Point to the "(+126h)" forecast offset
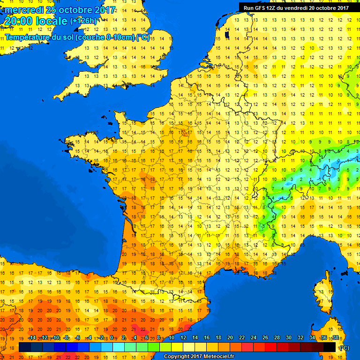(x=83, y=21)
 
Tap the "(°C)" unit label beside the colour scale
(x=344, y=347)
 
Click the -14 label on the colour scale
(x=32, y=338)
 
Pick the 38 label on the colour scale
(x=335, y=338)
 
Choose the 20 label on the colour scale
(x=230, y=338)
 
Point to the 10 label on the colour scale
(x=172, y=338)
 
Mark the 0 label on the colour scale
(x=113, y=338)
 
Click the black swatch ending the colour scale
(x=330, y=347)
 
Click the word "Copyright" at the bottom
(x=177, y=357)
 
